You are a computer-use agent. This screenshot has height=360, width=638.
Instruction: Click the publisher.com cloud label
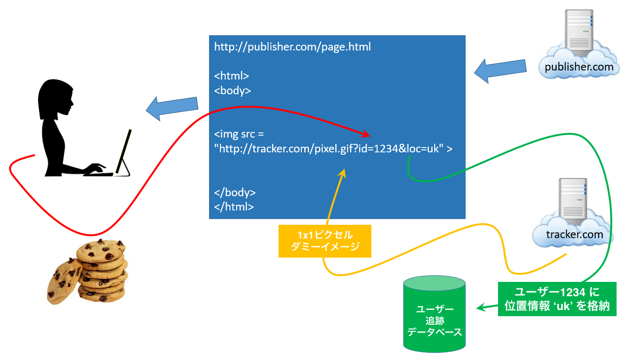click(579, 67)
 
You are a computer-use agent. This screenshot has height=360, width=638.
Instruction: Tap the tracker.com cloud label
click(575, 234)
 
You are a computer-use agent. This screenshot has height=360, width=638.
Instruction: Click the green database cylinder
click(434, 314)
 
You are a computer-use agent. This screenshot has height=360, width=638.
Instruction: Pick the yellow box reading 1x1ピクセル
click(325, 241)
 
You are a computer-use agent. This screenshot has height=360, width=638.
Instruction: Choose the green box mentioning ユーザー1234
click(557, 299)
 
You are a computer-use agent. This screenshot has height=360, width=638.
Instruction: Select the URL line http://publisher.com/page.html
click(292, 47)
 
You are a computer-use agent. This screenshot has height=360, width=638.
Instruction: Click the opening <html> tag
click(231, 76)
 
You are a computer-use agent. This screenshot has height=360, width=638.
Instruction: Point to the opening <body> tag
click(232, 90)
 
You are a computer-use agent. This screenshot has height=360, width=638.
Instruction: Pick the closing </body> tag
click(235, 192)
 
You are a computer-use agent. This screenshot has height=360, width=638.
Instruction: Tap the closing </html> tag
click(234, 207)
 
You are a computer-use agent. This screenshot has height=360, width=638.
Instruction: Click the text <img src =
click(239, 134)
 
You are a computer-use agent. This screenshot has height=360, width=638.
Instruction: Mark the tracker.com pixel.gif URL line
click(333, 149)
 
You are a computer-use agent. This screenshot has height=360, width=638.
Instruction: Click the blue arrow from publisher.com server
click(500, 70)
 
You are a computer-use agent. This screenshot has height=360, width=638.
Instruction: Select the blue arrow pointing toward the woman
click(172, 109)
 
